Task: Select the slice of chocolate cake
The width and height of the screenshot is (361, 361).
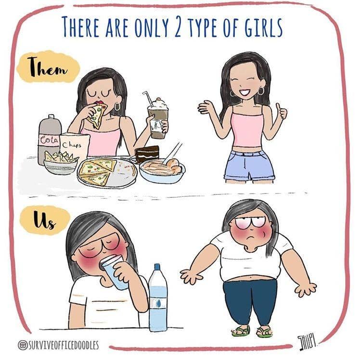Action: point(146,154)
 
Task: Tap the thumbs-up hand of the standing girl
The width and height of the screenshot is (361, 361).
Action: point(280,112)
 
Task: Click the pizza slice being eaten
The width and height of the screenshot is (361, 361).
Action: point(99,114)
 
